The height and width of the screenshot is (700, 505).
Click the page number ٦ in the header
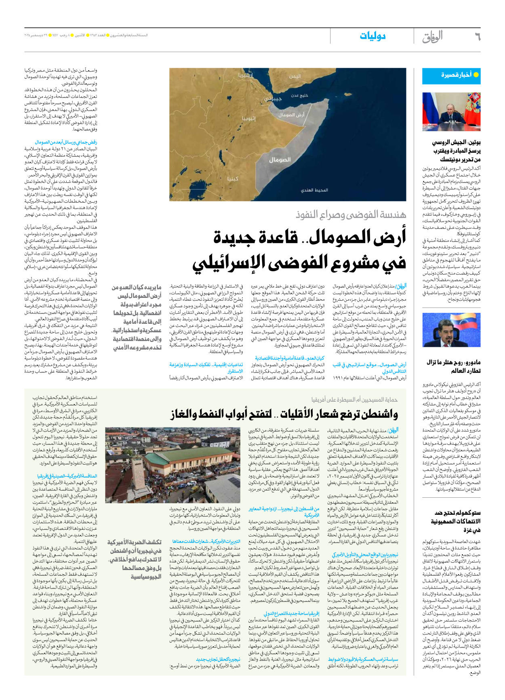(477, 37)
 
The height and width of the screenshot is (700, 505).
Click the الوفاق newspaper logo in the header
(432, 37)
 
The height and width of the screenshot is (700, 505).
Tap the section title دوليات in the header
(372, 36)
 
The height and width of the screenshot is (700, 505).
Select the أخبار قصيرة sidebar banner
(451, 75)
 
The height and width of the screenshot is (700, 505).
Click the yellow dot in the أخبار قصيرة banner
(476, 75)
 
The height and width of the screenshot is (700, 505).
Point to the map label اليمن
(295, 76)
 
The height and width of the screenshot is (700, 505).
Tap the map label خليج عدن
(299, 95)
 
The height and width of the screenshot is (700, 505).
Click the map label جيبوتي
(272, 99)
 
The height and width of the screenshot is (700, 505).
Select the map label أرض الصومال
(291, 115)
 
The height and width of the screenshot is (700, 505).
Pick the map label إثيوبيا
(249, 119)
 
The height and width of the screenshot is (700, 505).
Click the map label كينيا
(233, 178)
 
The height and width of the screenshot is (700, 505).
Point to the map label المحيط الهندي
(314, 190)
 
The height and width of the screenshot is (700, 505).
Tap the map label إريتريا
(246, 75)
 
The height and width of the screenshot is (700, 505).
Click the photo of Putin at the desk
(451, 112)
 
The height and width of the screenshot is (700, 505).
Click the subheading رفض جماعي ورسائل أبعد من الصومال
(66, 142)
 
